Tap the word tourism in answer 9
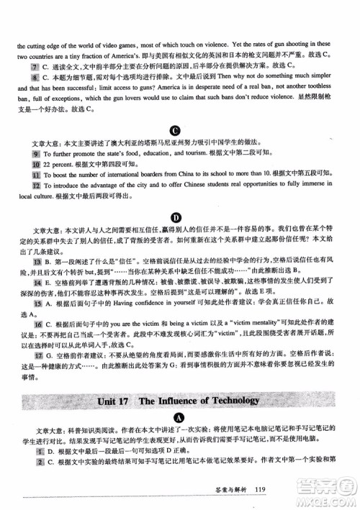point(184,154)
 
